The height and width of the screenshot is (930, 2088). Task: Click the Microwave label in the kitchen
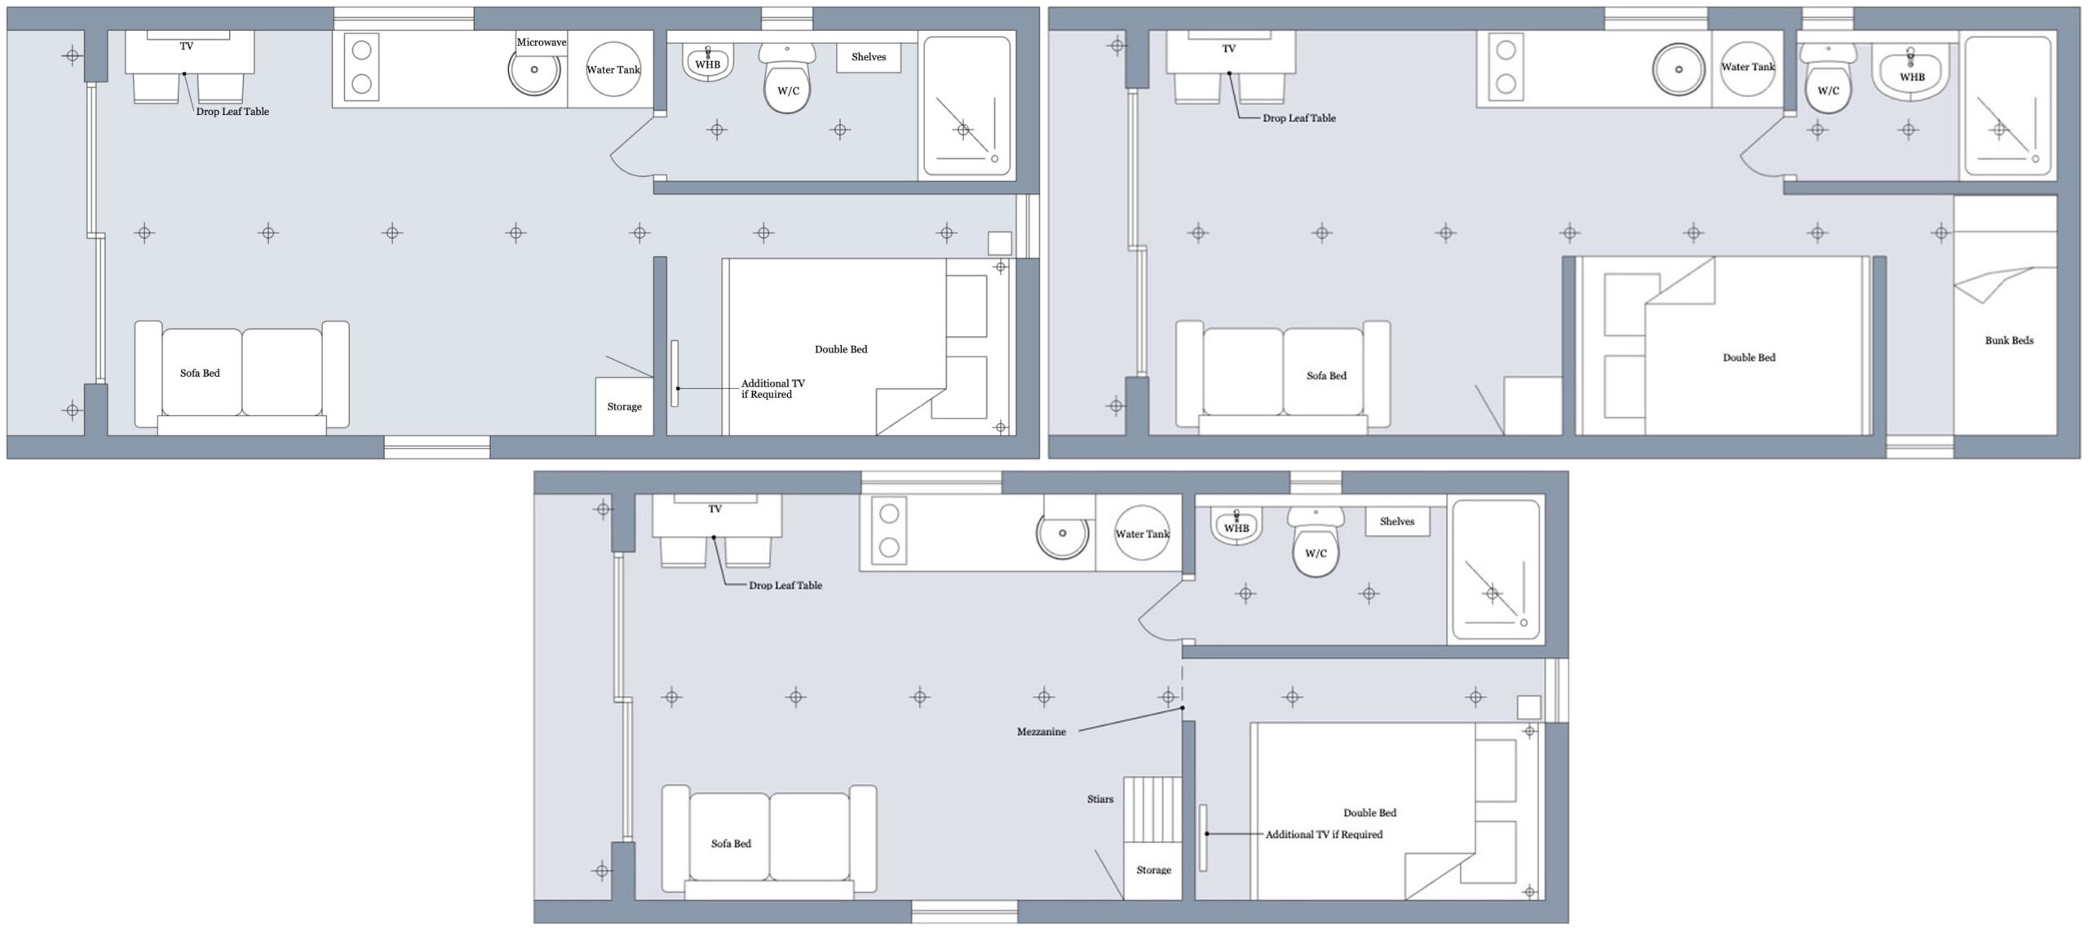click(x=541, y=42)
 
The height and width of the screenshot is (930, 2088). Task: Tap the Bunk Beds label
click(x=2009, y=340)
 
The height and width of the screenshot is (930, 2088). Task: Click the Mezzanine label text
click(x=1041, y=732)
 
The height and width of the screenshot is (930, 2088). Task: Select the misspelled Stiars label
click(x=1099, y=799)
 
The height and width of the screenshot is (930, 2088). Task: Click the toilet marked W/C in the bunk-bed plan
click(x=1828, y=91)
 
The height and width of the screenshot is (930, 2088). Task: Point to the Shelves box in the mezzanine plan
click(x=1397, y=521)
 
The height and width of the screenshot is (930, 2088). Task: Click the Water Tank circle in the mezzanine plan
click(x=1142, y=534)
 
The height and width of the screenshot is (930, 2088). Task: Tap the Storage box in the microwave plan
click(x=624, y=406)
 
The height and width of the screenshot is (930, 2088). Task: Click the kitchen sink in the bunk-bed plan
click(x=1679, y=69)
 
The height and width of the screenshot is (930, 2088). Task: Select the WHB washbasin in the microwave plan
click(x=707, y=64)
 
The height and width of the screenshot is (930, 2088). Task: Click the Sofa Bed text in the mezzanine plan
click(x=731, y=844)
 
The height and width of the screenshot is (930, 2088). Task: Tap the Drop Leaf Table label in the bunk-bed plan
click(x=1298, y=118)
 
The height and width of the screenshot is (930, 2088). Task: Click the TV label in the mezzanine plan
click(x=715, y=509)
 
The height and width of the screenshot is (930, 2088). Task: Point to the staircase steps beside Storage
click(x=1152, y=808)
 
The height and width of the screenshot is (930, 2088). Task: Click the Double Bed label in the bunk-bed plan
click(x=1749, y=357)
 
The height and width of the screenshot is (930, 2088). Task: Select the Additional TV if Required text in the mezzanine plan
click(x=1324, y=835)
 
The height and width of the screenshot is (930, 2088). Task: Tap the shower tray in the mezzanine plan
click(x=1496, y=571)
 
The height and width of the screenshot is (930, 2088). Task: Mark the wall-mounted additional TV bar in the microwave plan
click(x=675, y=374)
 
